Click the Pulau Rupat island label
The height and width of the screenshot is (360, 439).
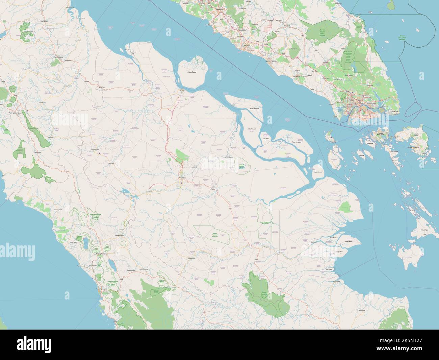click(x=192, y=72)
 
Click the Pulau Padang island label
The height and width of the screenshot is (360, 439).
click(x=252, y=129)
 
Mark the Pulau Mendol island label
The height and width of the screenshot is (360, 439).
click(x=319, y=172)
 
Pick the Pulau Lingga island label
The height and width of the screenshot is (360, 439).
click(x=424, y=230)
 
